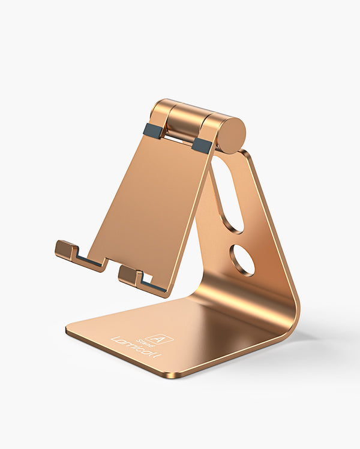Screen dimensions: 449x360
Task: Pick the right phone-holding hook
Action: click(131, 275)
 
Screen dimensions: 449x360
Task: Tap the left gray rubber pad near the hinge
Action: click(152, 131)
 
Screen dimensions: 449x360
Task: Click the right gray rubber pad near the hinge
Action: click(202, 144)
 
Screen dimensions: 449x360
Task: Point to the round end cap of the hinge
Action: click(231, 135)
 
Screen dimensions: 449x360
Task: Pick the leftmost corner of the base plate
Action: click(68, 328)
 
